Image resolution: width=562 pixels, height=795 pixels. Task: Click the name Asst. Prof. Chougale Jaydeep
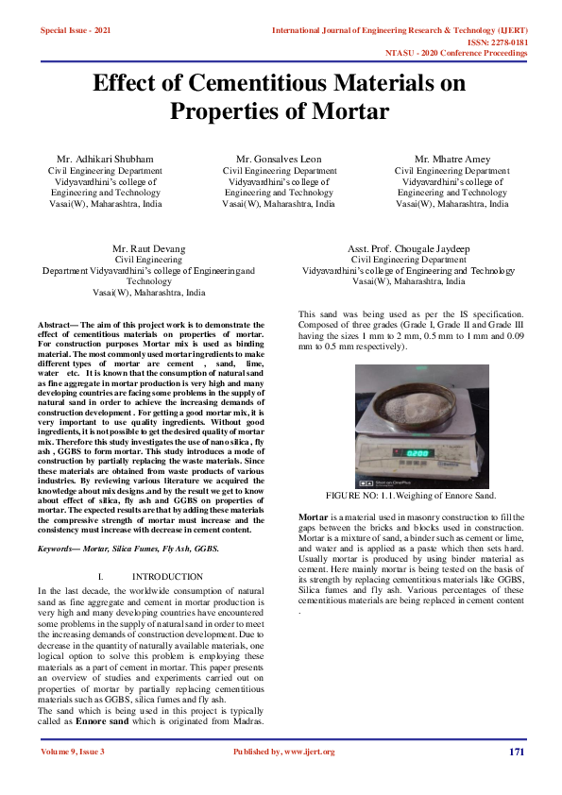(408, 247)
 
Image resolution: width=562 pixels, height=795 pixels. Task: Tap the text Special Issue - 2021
(76, 31)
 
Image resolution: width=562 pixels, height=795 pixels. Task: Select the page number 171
(516, 752)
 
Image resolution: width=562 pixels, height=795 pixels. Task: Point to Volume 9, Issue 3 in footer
(73, 753)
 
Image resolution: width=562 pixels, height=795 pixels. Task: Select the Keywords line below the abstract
(128, 549)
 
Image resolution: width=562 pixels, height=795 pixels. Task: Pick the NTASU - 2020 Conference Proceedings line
(456, 54)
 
